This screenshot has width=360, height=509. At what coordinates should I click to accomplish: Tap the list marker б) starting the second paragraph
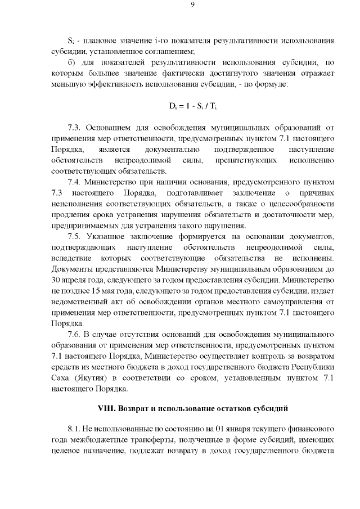point(71,63)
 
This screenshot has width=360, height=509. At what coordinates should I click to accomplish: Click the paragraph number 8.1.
point(74,429)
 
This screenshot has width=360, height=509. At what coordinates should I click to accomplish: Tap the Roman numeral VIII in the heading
point(107,407)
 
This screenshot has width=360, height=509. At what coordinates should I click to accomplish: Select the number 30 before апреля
point(56,284)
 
